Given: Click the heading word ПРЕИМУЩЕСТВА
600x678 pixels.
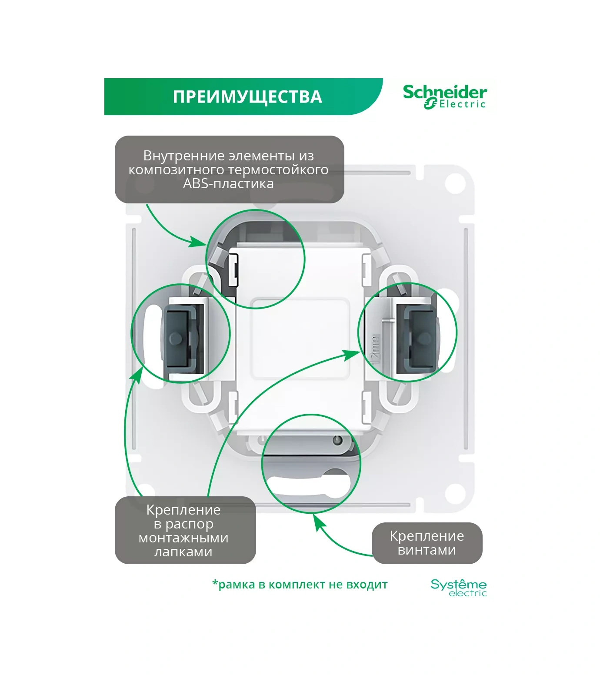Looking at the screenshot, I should tap(247, 97).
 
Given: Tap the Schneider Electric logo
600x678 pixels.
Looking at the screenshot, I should tap(444, 96).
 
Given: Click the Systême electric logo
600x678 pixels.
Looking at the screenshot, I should tap(458, 587).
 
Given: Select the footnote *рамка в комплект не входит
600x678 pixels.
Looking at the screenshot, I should tap(300, 585).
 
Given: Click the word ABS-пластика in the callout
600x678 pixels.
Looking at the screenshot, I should tap(228, 183).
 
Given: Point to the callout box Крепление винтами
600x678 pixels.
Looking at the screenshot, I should tap(427, 543).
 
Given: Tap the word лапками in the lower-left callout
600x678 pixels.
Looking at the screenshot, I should tap(183, 552).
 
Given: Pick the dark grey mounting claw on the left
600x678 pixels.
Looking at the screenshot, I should tap(180, 337).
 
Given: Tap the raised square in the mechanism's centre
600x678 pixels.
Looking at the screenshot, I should tap(300, 338).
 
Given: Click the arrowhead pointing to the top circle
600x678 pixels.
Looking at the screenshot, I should tap(198, 242).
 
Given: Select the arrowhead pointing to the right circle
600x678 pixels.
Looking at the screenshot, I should tap(351, 355).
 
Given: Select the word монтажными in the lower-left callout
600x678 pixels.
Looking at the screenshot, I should tap(183, 538).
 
